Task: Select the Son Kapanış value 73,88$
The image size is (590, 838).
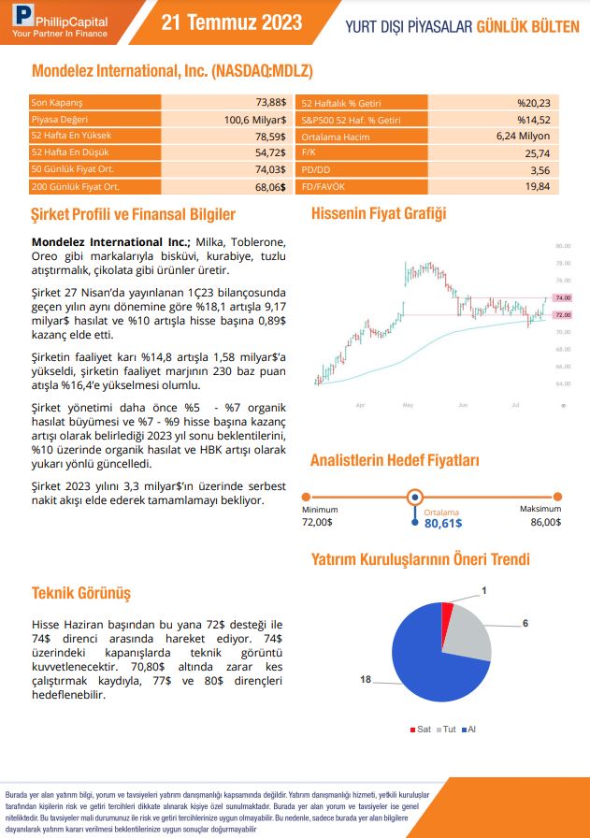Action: [269, 102]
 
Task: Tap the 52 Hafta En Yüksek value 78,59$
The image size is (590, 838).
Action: [270, 137]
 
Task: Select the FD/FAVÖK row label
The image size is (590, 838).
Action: [323, 187]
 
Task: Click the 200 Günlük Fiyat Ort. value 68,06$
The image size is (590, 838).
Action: [269, 187]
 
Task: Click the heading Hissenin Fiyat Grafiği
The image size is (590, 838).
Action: [378, 213]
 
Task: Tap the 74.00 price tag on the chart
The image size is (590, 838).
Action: [563, 297]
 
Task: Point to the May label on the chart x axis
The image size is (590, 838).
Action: [408, 404]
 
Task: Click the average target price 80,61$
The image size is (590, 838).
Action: [443, 524]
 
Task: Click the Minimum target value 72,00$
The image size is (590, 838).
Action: [318, 522]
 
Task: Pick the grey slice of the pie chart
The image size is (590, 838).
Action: [468, 633]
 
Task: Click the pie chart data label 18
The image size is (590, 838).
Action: [366, 679]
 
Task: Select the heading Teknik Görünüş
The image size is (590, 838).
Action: [81, 593]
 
